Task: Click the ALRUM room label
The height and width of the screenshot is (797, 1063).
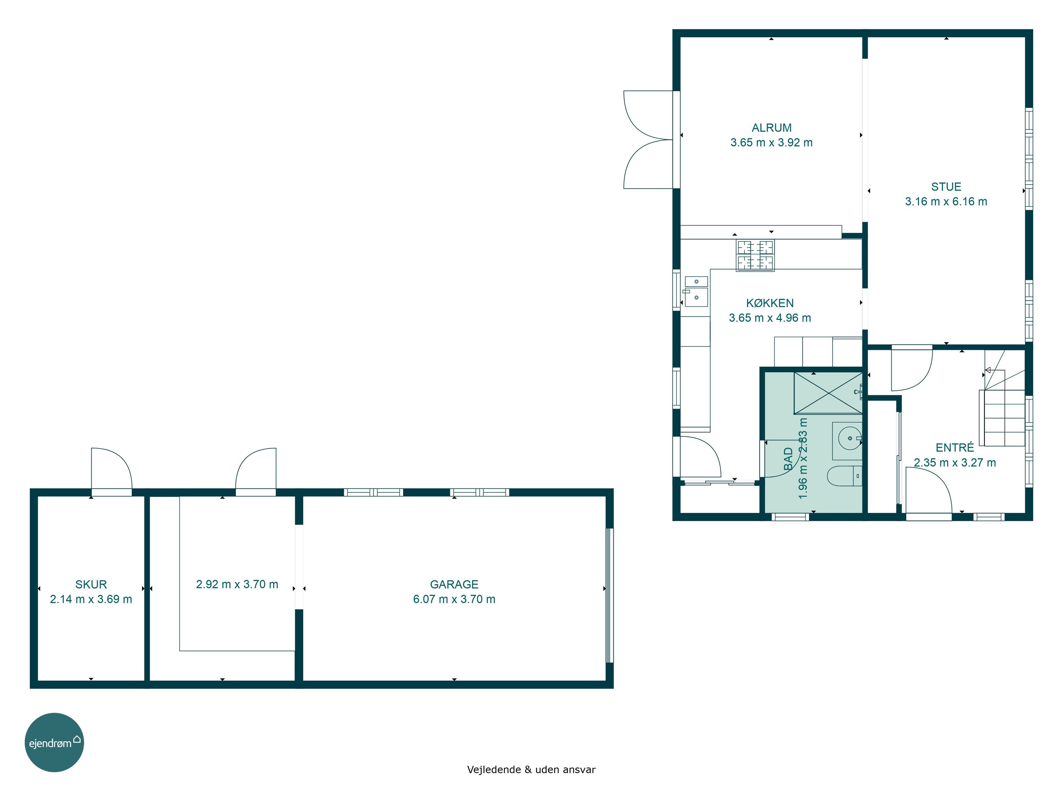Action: pos(771,128)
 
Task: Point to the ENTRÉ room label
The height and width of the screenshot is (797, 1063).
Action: pos(954,448)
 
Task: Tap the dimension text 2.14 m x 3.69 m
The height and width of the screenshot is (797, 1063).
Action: pos(91,599)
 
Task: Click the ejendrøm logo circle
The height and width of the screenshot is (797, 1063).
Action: pos(54,742)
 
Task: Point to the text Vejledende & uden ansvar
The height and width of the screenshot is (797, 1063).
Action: pos(531,770)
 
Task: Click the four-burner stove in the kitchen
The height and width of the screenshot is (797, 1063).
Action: pos(755,255)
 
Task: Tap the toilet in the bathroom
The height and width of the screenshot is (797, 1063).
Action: pos(844,476)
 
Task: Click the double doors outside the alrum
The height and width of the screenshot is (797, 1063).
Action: pos(648,139)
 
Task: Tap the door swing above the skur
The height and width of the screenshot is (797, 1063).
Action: pos(112,468)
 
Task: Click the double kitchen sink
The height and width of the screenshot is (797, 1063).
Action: pos(696,291)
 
